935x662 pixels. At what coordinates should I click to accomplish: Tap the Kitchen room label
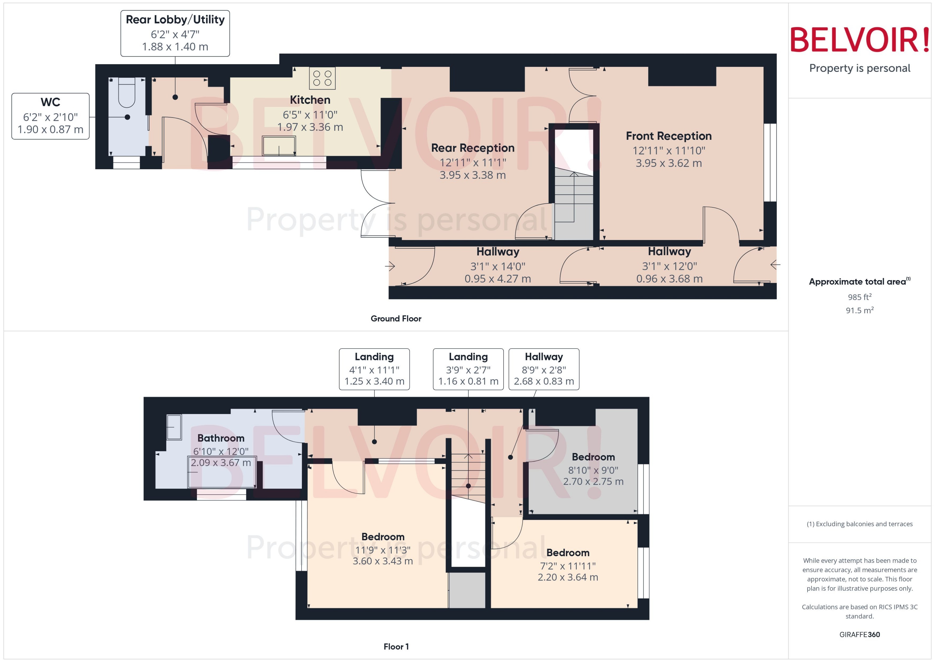pos(310,100)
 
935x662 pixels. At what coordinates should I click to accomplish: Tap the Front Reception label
pos(669,136)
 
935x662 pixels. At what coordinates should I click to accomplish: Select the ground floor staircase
pos(574,204)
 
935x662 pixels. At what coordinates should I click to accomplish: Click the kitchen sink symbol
pos(279,146)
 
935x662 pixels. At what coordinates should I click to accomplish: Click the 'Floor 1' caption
pos(396,646)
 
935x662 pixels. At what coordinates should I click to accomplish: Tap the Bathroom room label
pos(221,438)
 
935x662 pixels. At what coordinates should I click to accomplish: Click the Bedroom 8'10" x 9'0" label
pos(593,457)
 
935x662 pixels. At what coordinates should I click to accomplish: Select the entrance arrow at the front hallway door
pos(775,265)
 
